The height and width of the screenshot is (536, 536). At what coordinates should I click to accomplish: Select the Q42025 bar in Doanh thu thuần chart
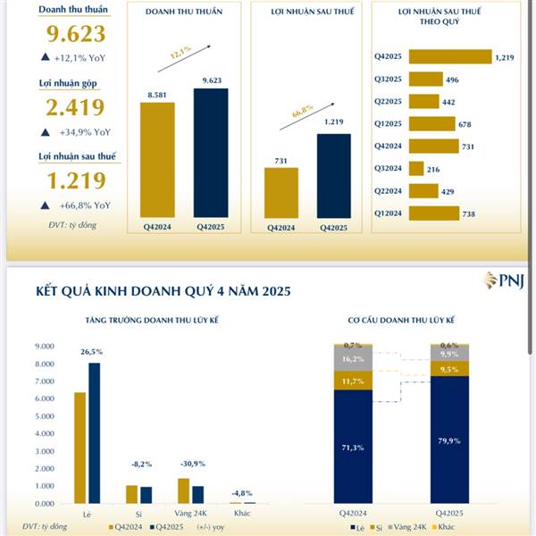(x=210, y=152)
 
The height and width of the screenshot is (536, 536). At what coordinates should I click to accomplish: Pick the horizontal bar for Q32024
(x=415, y=167)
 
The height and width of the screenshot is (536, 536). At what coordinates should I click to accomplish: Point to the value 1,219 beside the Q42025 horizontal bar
(x=506, y=56)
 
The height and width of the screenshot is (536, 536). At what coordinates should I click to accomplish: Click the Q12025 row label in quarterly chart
(x=389, y=123)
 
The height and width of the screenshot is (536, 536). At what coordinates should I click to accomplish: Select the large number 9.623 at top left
(x=75, y=35)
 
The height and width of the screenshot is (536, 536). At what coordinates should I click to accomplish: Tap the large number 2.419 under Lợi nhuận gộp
(x=75, y=108)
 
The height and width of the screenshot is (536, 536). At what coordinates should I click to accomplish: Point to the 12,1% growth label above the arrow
(x=181, y=55)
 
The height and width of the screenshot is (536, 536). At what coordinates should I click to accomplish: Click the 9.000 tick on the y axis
(x=47, y=346)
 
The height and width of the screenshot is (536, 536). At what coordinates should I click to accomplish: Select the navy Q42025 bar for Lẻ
(x=94, y=432)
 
